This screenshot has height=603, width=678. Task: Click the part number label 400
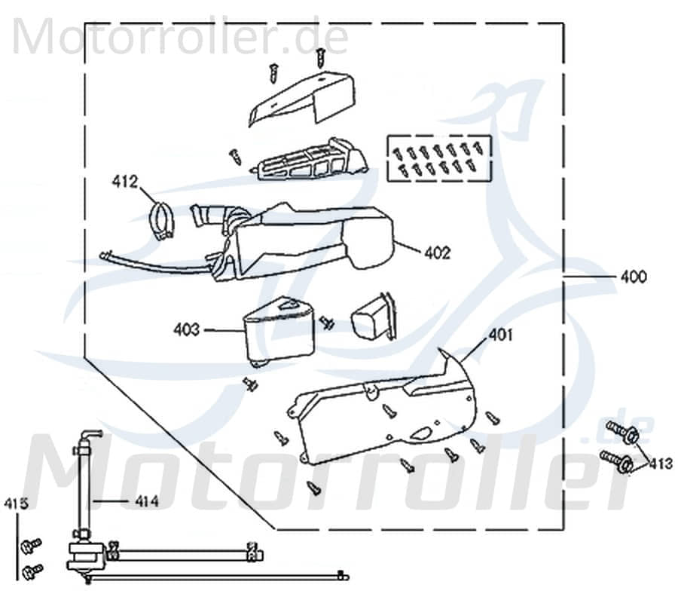(x=633, y=277)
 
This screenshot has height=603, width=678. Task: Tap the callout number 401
(x=500, y=334)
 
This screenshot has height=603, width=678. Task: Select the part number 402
(x=438, y=253)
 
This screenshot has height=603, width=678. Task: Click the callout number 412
(x=125, y=181)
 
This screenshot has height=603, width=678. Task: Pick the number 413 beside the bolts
(x=661, y=463)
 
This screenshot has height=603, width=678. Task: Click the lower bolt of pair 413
(x=618, y=460)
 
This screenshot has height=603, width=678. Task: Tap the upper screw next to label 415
(x=32, y=545)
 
